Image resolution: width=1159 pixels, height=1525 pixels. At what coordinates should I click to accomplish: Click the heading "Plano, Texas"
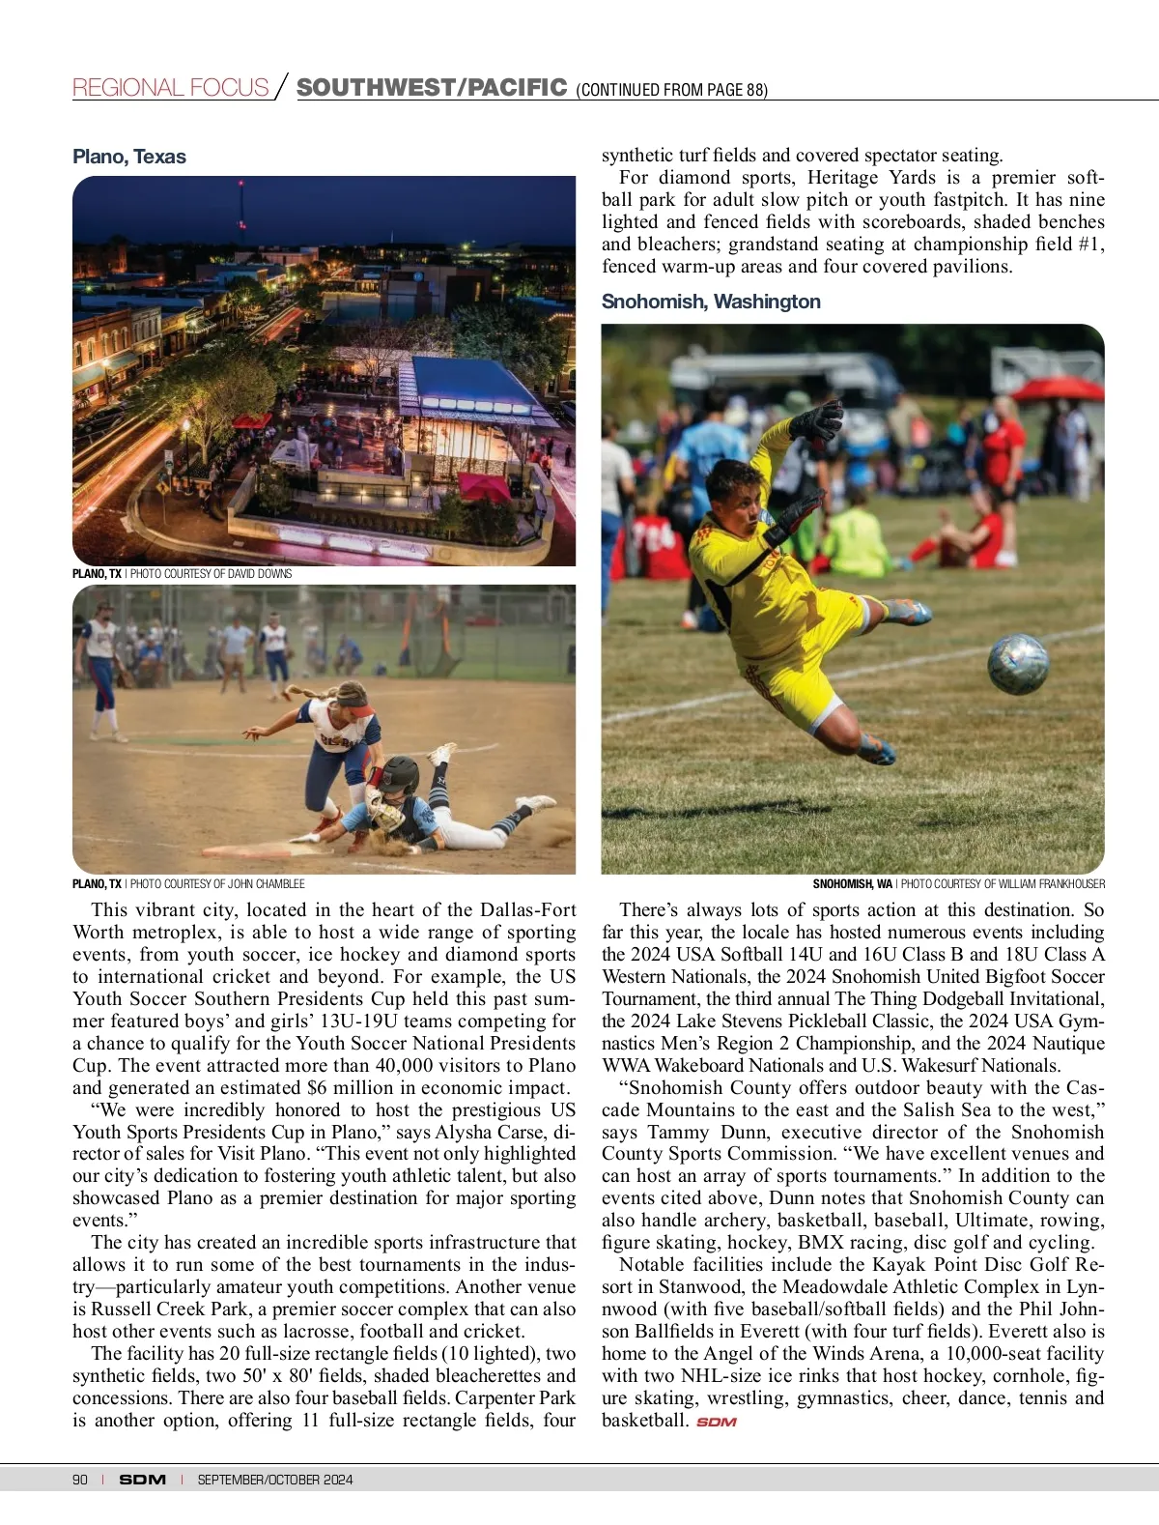click(129, 157)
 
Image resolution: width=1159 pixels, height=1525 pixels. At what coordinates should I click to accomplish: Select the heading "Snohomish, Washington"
click(711, 302)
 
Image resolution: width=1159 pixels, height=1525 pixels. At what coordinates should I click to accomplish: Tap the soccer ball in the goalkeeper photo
click(1018, 663)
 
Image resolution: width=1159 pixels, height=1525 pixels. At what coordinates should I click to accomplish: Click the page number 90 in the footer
click(80, 1480)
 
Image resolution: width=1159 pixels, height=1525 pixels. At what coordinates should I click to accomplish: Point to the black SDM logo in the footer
click(142, 1480)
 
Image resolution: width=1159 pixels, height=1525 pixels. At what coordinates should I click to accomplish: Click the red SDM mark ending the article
click(716, 1422)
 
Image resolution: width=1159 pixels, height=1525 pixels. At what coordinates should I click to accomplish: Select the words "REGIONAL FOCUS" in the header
click(170, 88)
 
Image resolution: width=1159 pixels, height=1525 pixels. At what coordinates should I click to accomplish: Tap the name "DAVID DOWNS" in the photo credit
click(260, 574)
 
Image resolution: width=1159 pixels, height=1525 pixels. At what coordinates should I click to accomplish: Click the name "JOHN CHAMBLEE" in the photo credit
click(267, 883)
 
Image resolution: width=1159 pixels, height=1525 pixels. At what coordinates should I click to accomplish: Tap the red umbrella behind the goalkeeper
click(1059, 388)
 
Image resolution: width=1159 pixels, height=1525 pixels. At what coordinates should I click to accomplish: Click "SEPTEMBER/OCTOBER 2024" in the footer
click(275, 1480)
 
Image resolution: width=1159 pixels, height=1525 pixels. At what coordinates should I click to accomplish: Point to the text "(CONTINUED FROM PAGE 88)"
click(671, 90)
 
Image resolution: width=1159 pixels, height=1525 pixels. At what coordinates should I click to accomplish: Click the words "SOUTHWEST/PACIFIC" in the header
click(431, 88)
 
